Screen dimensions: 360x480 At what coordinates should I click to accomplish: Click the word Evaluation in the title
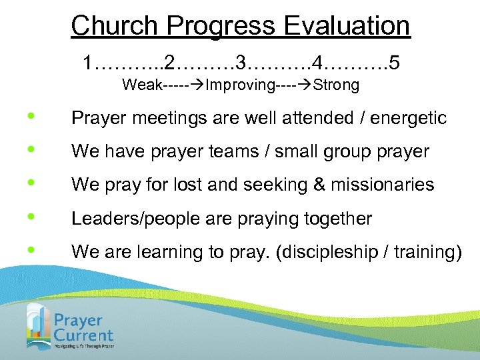pos(347,26)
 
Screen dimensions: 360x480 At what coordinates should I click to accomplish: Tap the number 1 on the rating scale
pos(88,63)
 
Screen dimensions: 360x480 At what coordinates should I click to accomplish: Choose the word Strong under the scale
pos(336,85)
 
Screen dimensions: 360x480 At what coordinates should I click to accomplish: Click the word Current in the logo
pos(84,335)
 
